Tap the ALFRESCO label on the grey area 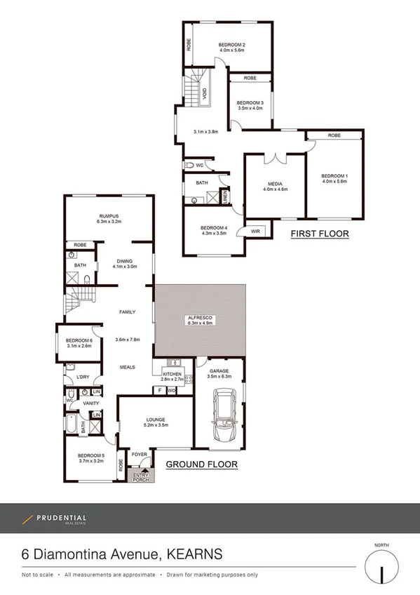(201, 319)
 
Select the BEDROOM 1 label (334, 175)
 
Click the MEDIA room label (274, 183)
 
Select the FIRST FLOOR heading (320, 234)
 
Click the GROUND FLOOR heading (201, 464)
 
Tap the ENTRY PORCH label (142, 476)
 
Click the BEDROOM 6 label (79, 341)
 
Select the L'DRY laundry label (83, 377)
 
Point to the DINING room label (123, 260)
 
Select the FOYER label (140, 455)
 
